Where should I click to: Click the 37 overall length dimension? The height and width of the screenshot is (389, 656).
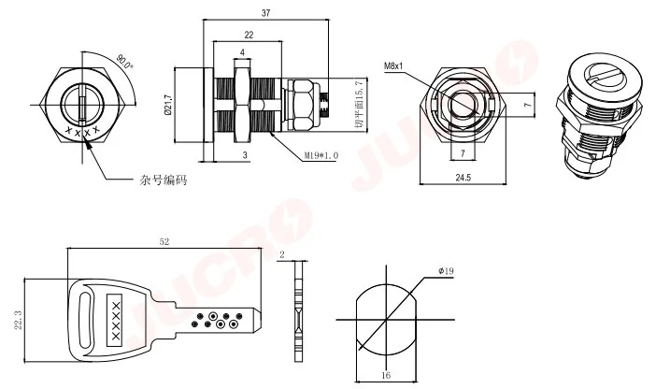[266, 12]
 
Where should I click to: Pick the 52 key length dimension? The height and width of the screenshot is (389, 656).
[164, 242]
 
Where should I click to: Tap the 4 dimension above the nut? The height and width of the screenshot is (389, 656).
[242, 52]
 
